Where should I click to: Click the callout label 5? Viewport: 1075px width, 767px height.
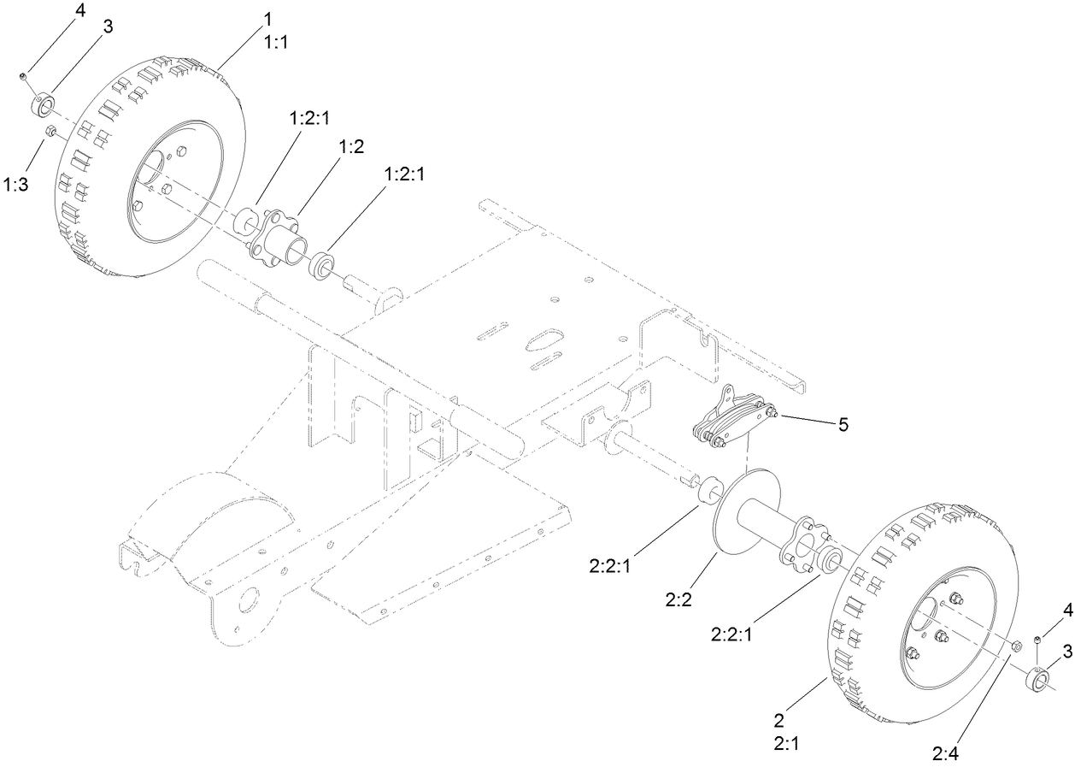843,424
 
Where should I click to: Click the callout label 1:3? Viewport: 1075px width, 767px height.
17,184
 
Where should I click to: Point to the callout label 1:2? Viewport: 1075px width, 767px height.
352,146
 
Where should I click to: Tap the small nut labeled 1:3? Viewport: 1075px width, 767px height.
50,131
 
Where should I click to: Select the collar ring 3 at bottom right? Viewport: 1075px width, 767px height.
1038,681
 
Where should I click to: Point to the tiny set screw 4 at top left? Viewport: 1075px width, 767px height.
25,78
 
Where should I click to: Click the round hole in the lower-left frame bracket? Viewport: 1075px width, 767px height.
250,599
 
